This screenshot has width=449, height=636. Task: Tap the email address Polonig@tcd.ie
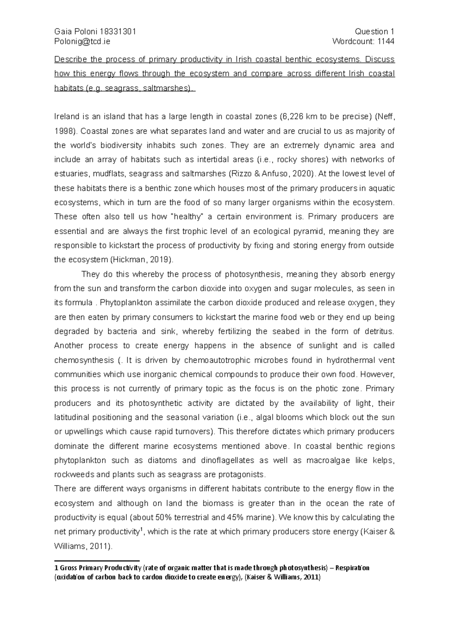tap(82, 41)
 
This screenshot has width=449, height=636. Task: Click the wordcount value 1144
tap(386, 41)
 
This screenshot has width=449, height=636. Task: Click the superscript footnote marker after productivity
tap(141, 529)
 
